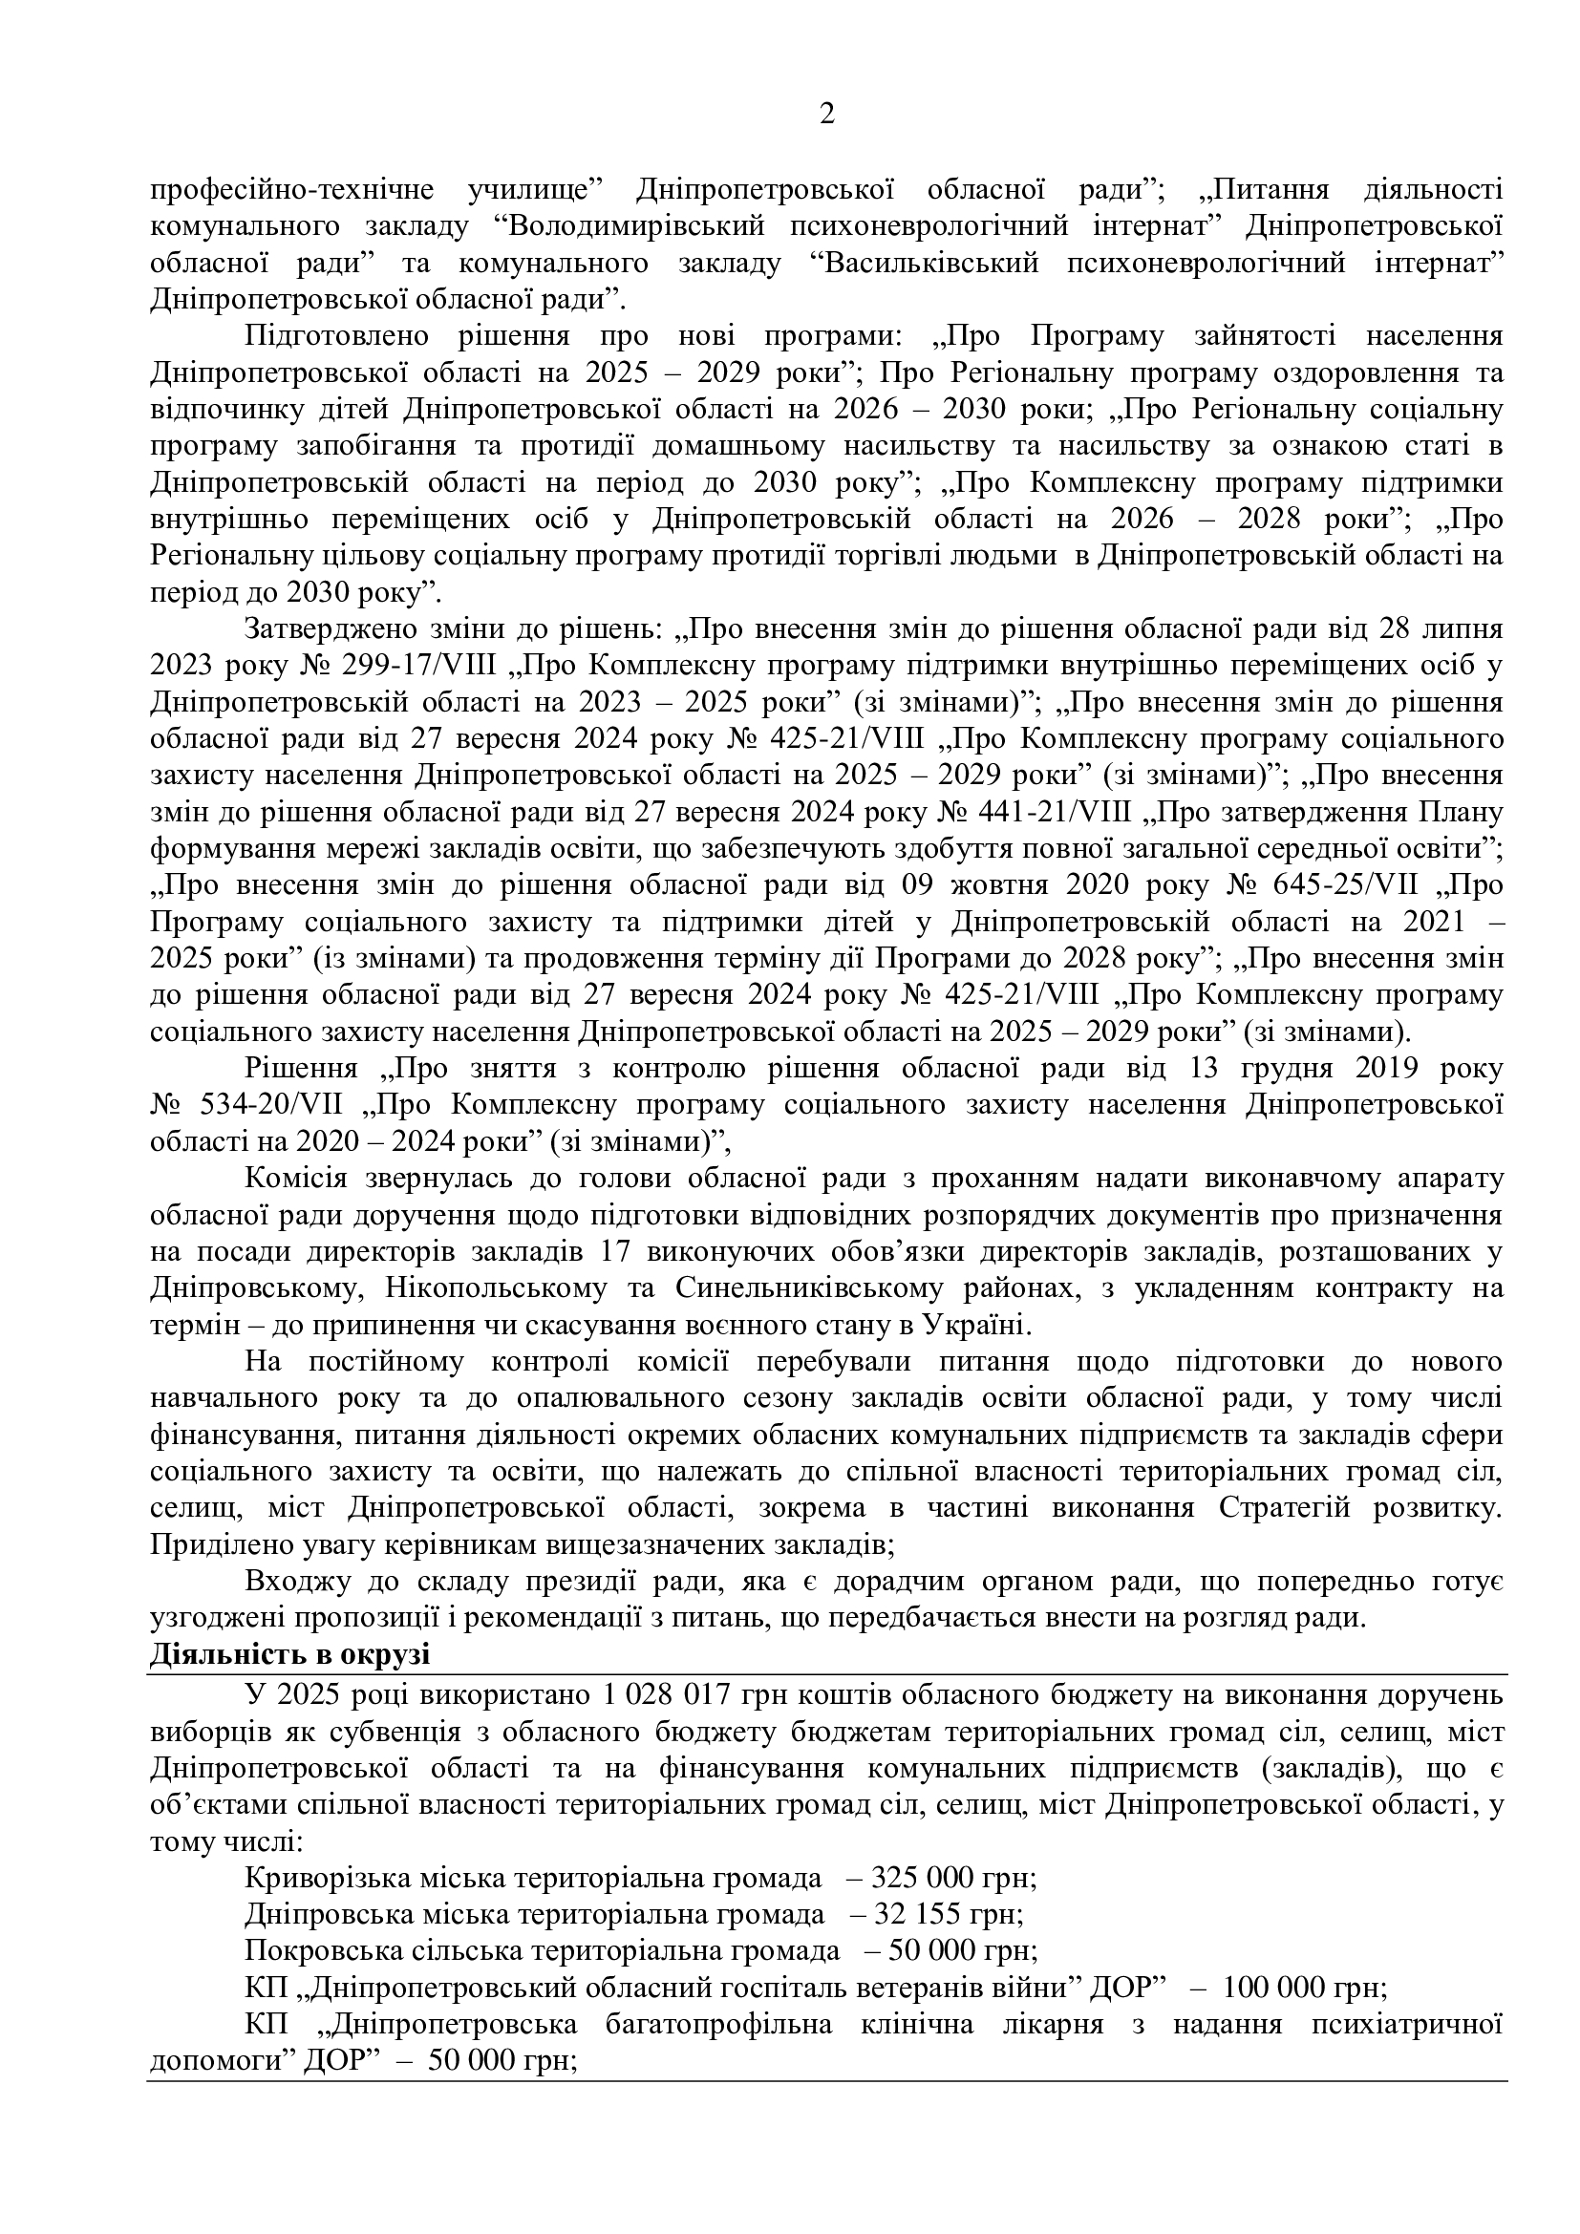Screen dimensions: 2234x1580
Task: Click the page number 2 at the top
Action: (827, 115)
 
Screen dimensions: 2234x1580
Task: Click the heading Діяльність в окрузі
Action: (290, 1655)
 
